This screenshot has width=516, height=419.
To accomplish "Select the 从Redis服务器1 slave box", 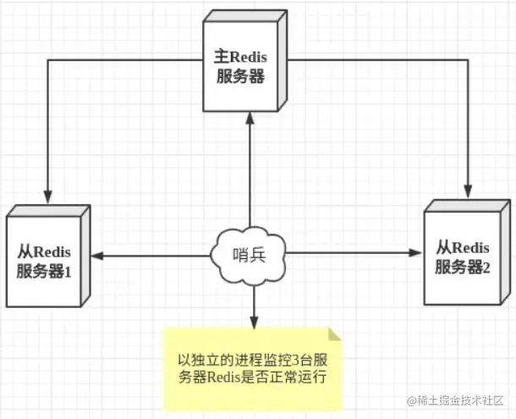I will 47,257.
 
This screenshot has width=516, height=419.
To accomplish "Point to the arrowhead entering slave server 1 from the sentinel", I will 98,254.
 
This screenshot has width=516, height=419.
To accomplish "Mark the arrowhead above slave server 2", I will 468,187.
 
